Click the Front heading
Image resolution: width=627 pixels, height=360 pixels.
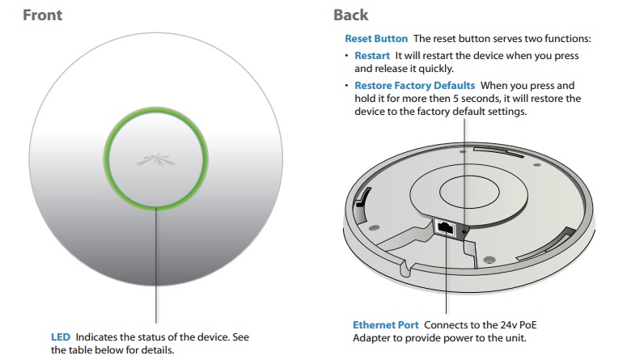click(x=43, y=15)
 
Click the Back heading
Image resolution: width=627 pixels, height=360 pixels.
click(x=350, y=15)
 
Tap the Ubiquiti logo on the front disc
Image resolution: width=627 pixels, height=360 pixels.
click(x=155, y=156)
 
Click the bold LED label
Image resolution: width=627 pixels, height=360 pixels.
click(x=61, y=337)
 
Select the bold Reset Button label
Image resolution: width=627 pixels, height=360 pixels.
click(x=376, y=39)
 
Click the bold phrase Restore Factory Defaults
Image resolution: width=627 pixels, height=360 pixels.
click(x=416, y=85)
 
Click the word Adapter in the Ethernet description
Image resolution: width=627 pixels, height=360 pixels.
click(x=373, y=337)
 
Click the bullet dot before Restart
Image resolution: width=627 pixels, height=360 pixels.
click(x=347, y=57)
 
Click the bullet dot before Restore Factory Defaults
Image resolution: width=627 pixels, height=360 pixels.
click(x=347, y=86)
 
